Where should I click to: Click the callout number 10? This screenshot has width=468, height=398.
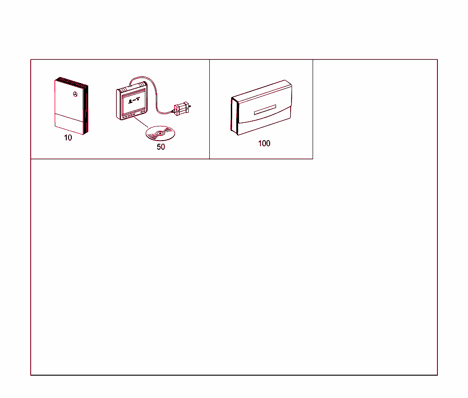click(x=68, y=138)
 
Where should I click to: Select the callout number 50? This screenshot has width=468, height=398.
click(x=161, y=147)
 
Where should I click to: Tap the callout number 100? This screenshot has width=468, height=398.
click(x=264, y=143)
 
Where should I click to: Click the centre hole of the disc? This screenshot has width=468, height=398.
click(x=160, y=134)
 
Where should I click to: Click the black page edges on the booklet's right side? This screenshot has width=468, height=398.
click(x=86, y=110)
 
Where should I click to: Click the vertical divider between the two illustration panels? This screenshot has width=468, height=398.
click(x=209, y=110)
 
